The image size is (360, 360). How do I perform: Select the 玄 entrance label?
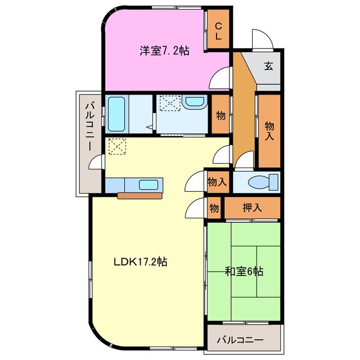(x=268, y=66)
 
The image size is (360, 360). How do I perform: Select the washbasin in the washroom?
(x=195, y=103)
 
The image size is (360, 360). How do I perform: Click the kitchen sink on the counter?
(x=149, y=184)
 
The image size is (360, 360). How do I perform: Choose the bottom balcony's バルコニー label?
(x=240, y=340)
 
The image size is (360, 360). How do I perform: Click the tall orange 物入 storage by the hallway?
(x=269, y=131)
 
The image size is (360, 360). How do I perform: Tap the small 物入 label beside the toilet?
(x=217, y=182)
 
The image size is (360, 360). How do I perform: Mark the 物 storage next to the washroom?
(x=220, y=116)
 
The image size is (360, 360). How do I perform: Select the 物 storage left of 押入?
(x=214, y=207)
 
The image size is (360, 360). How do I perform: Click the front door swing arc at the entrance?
(x=261, y=40)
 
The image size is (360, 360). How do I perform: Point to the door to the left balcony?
(x=97, y=163)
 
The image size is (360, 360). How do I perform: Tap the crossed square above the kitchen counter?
(x=117, y=147)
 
